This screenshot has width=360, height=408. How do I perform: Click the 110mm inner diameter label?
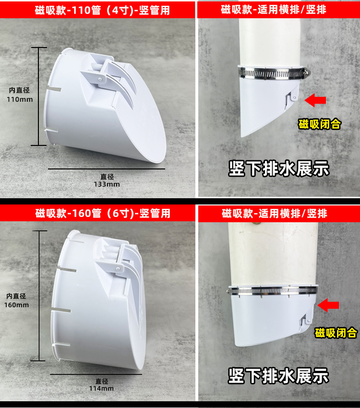[x=20, y=95]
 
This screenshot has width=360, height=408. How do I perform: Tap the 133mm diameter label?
[x=107, y=180]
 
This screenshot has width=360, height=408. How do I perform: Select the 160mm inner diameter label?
[x=16, y=300]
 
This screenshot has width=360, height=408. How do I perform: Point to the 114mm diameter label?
[x=101, y=385]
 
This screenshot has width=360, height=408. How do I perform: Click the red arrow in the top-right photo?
[x=315, y=100]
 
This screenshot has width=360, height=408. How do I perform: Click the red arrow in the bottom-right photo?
[x=328, y=305]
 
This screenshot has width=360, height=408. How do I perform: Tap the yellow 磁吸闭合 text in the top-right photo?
[x=319, y=124]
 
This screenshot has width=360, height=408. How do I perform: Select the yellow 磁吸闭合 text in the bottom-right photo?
[x=336, y=333]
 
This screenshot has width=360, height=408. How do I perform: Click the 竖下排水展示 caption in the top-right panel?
[x=279, y=169]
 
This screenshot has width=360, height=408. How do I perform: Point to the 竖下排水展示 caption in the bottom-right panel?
[x=278, y=376]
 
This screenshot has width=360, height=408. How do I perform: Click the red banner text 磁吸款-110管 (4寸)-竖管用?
[x=102, y=11]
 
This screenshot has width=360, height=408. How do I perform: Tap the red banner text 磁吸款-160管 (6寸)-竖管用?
[x=103, y=214]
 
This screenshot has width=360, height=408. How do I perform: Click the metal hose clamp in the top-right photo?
[x=275, y=73]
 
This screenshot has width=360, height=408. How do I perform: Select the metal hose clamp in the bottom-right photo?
[x=272, y=291]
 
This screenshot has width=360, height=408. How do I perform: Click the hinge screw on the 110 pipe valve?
[x=100, y=79]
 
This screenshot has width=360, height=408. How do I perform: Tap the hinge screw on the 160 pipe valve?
[x=118, y=268]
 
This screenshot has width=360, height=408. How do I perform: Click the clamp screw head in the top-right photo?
[x=307, y=72]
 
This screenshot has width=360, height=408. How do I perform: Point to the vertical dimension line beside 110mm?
[x=39, y=96]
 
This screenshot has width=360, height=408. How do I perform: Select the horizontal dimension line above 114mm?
[x=96, y=374]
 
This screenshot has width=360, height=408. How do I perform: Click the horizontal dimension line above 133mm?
[x=107, y=169]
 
